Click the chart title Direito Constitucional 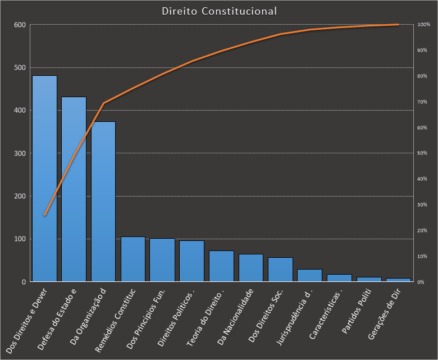coord(219,11)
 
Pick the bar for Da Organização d coord(103,202)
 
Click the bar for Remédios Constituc coord(133,259)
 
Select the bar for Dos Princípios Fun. coord(162,260)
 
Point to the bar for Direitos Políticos coord(191,261)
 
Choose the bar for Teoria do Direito coord(221,266)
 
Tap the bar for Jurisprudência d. coord(309,275)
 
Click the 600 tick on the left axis coord(20,25)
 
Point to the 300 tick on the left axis coord(20,153)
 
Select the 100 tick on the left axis coord(20,239)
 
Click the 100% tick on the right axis coord(423,25)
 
